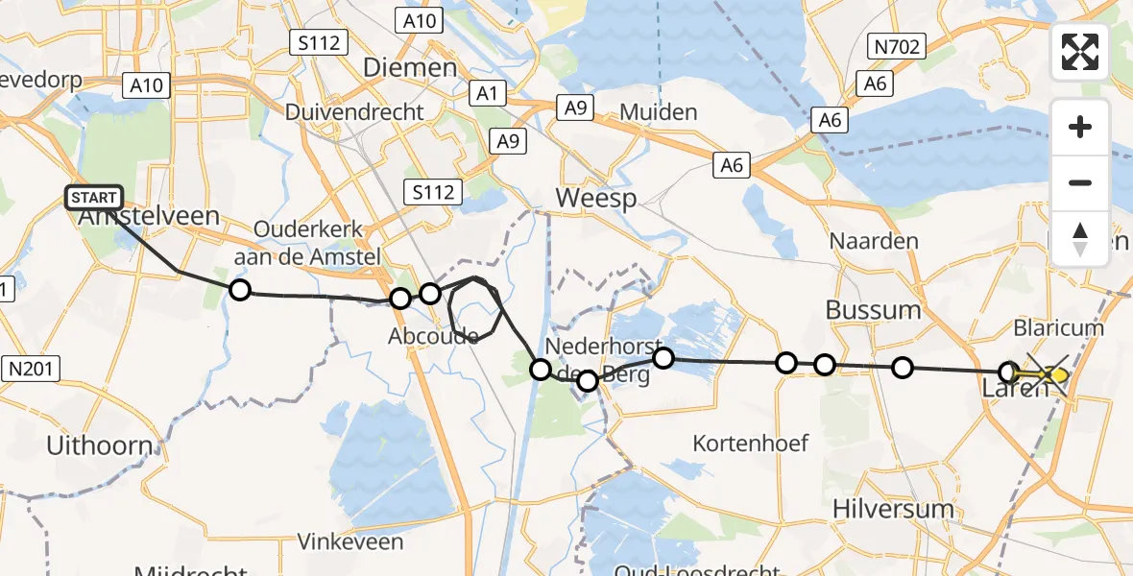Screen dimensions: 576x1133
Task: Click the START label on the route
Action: coord(94,199)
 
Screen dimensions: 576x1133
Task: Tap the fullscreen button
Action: coord(1080,52)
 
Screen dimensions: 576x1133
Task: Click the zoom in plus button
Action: coord(1080,127)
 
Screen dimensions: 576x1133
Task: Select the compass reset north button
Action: coord(1080,239)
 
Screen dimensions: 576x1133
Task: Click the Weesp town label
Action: coord(596,199)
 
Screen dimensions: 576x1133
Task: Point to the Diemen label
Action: coord(410,67)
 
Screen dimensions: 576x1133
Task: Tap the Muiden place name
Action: coord(659,112)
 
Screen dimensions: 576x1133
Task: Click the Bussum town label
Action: coord(873,310)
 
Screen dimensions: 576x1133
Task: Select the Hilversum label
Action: coord(894,508)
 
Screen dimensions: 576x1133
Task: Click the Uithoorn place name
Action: coord(100,445)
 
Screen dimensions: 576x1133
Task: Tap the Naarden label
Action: coord(875,241)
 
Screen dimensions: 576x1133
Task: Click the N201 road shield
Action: coord(34,367)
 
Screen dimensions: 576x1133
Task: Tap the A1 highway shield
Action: coord(487,93)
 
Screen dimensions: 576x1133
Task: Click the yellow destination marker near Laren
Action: coord(1058,375)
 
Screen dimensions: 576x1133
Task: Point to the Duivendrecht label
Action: coord(354,112)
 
